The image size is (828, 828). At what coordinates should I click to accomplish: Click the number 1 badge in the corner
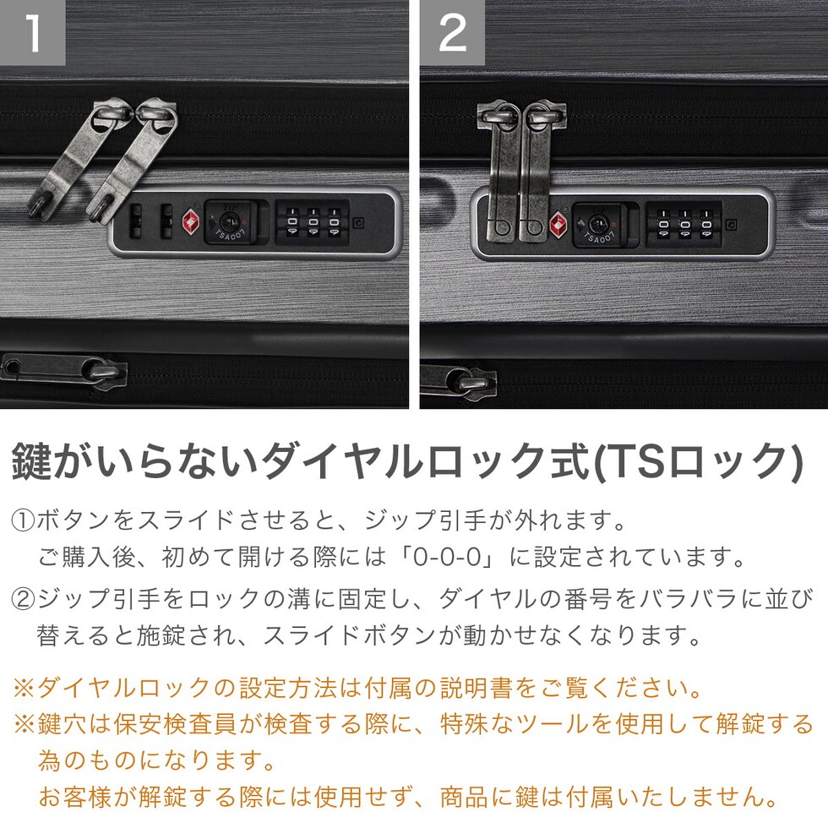[32, 32]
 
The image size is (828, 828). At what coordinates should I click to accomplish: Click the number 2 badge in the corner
[453, 32]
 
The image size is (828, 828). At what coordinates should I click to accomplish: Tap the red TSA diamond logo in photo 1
[191, 222]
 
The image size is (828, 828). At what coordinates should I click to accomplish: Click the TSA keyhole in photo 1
[231, 221]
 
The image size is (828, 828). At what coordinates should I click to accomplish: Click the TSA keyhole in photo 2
[599, 225]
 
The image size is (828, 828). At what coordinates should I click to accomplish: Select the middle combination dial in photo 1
[313, 222]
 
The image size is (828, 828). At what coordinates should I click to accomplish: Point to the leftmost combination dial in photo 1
[292, 222]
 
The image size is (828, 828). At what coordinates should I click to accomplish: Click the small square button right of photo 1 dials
[358, 223]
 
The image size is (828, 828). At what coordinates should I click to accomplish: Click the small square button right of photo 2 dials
[732, 225]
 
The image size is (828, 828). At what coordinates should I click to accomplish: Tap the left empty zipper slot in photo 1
[136, 221]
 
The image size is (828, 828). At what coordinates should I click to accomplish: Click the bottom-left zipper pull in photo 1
[63, 368]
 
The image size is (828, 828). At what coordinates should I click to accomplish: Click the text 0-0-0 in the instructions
[447, 557]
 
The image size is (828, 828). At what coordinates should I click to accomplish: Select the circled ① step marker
[24, 521]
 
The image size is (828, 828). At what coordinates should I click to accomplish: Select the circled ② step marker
[24, 599]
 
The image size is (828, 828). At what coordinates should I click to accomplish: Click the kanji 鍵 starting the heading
[32, 461]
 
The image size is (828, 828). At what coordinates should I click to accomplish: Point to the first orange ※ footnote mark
[24, 688]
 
